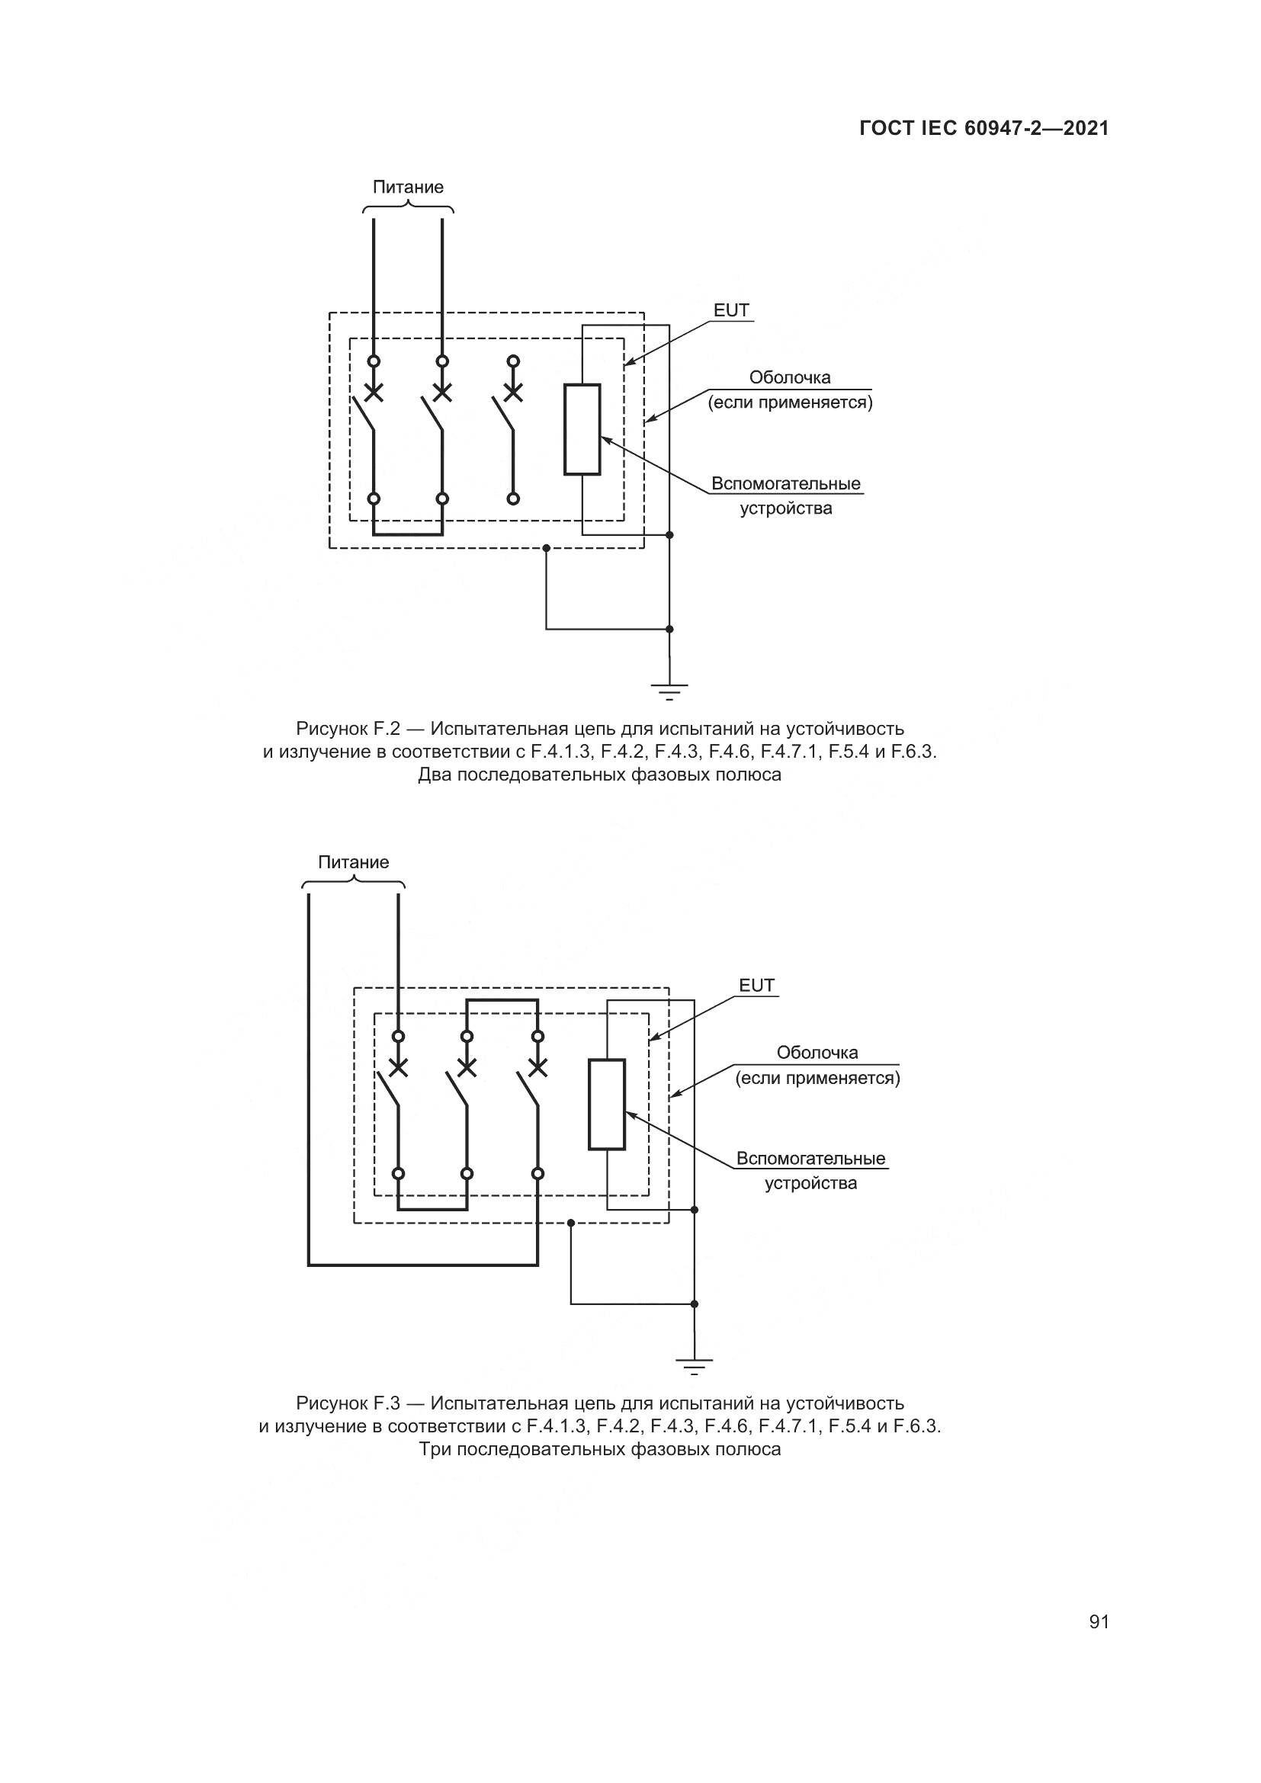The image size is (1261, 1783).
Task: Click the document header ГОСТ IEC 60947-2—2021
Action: click(983, 129)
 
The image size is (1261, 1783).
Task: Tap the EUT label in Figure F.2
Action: click(731, 310)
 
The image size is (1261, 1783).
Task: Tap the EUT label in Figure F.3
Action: click(756, 986)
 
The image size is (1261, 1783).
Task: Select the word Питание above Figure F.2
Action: click(408, 188)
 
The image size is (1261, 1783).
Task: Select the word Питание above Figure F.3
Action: click(353, 862)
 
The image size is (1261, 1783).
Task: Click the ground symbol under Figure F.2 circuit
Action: click(669, 691)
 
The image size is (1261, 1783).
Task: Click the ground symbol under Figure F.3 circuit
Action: click(695, 1365)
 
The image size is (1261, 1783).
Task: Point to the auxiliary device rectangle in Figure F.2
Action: click(582, 428)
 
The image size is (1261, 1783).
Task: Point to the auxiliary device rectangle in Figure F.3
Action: click(606, 1104)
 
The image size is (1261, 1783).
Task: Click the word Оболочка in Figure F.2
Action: click(790, 377)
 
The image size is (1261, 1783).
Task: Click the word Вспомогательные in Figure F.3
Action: click(810, 1159)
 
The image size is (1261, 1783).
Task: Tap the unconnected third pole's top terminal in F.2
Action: click(512, 361)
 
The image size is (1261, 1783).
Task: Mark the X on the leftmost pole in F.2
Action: click(374, 392)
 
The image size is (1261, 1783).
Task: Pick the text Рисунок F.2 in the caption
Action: click(347, 730)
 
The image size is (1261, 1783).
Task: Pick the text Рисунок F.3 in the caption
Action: click(347, 1403)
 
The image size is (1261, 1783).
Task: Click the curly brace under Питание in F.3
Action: click(353, 881)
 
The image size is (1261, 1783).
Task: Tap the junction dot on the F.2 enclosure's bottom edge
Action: click(546, 548)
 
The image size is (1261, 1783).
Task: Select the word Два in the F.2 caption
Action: click(434, 775)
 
